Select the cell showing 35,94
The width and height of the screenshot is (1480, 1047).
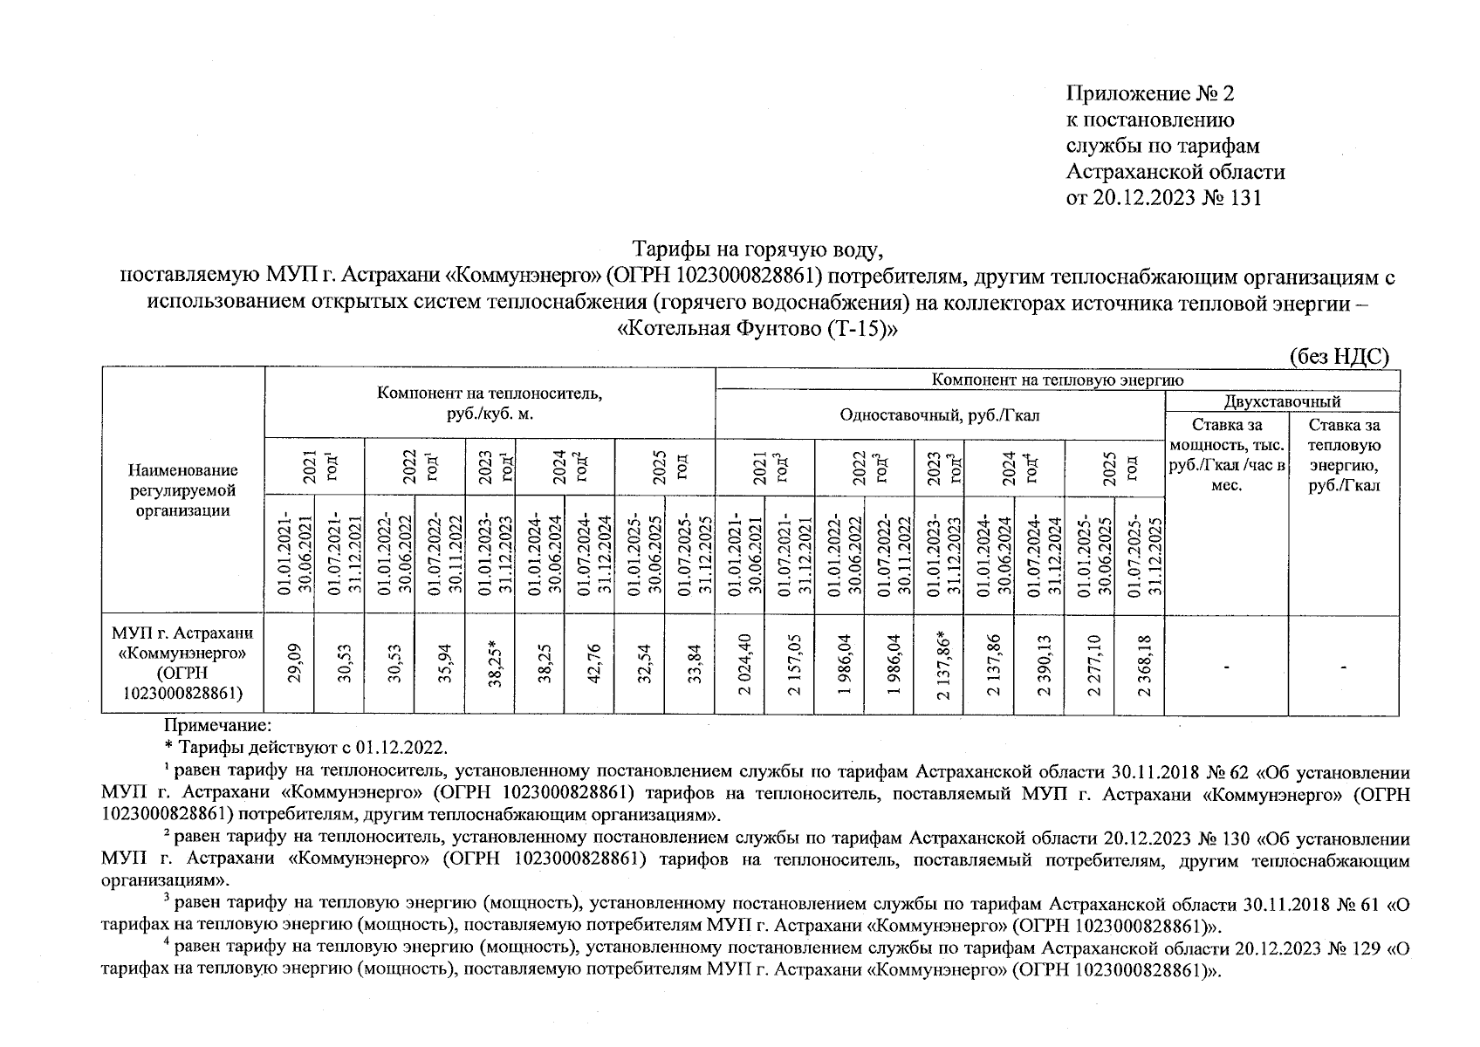coord(446,664)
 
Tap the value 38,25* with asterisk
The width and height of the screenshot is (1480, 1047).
coord(494,664)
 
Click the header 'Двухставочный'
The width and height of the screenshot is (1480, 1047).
coord(1281,401)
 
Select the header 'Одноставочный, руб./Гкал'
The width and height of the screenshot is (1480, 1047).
coord(939,415)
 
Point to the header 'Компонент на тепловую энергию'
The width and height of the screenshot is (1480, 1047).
coord(1057,380)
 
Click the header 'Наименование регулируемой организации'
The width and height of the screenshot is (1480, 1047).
coord(182,490)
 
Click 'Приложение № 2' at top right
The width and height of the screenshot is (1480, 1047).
coord(1149,92)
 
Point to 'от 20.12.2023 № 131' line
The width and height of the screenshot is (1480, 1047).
coord(1163,198)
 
